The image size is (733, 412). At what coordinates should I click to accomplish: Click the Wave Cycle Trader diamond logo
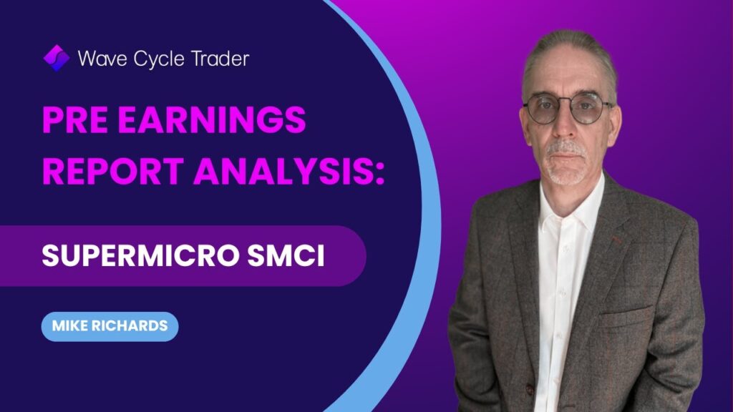[x=57, y=58]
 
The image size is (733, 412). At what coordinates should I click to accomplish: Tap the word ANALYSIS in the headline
[x=282, y=171]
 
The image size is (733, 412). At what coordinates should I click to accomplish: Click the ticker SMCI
[x=286, y=255]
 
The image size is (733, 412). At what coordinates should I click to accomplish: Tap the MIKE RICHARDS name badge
[x=110, y=326]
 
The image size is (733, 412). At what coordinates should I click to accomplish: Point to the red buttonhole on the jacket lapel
[x=618, y=240]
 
